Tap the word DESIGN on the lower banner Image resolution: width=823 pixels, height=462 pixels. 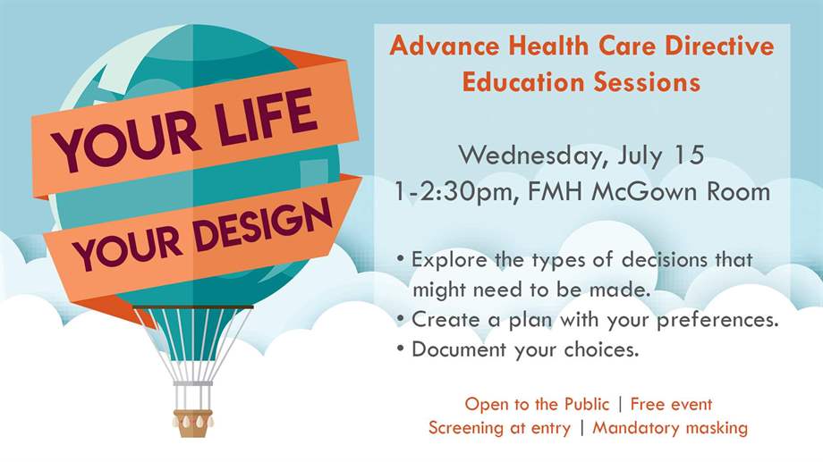pos(263,227)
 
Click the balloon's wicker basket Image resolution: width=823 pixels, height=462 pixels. pos(193,424)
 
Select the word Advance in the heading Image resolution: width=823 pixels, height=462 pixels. pos(444,45)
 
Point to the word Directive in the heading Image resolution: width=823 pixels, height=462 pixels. pos(719,45)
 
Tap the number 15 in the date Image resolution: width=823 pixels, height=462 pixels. pos(688,155)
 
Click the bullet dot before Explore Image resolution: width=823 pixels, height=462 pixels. pos(401,258)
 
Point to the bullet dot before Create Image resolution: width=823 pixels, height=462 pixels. pos(401,318)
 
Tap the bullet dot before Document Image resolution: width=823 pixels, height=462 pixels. pos(401,349)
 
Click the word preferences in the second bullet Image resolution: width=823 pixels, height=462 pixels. pos(717,320)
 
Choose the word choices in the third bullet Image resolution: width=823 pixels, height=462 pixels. pos(601,349)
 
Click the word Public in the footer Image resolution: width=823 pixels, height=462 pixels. pos(586,404)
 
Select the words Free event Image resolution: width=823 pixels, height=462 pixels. pos(671,404)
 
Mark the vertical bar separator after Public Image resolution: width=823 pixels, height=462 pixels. pos(620,404)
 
